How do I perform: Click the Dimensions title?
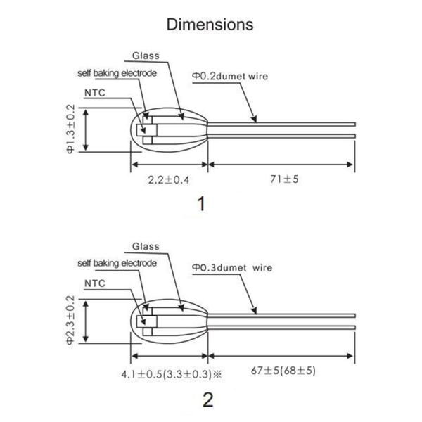pos(210,25)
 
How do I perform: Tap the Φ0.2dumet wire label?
pos(230,77)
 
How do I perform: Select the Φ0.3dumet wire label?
pos(232,268)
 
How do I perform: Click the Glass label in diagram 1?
pos(146,56)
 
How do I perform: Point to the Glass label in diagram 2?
pos(146,246)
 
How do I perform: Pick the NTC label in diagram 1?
pos(95,93)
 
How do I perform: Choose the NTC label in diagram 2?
pos(95,283)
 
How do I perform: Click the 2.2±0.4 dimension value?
pos(169,180)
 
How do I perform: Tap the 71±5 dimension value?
pos(284,179)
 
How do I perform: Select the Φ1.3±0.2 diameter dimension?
pos(70,129)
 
